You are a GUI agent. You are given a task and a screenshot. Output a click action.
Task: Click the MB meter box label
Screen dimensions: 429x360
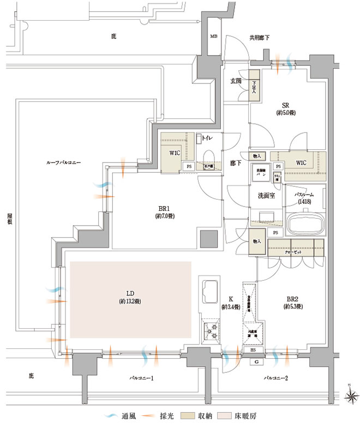click(213, 37)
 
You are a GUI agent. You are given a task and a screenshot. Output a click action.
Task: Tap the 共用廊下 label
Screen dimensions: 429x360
click(259, 38)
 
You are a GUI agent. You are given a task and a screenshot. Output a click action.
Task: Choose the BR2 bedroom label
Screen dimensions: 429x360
click(293, 299)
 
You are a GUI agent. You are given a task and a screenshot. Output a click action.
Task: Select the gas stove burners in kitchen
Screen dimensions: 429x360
click(211, 330)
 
